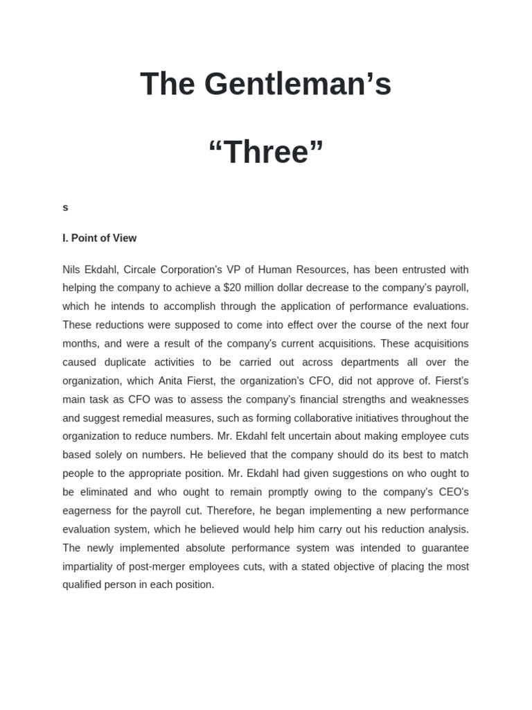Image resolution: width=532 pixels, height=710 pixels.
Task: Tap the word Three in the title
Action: pos(266,152)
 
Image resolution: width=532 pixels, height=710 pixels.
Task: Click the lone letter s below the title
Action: pos(65,207)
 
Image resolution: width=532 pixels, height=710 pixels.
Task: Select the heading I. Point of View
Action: pos(99,238)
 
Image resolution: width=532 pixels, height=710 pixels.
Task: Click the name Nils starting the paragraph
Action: pos(72,270)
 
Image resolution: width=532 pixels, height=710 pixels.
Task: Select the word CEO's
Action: pos(450,492)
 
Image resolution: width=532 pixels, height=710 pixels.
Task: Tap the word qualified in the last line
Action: pos(85,585)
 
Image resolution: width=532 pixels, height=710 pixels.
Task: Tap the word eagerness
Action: pos(88,510)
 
